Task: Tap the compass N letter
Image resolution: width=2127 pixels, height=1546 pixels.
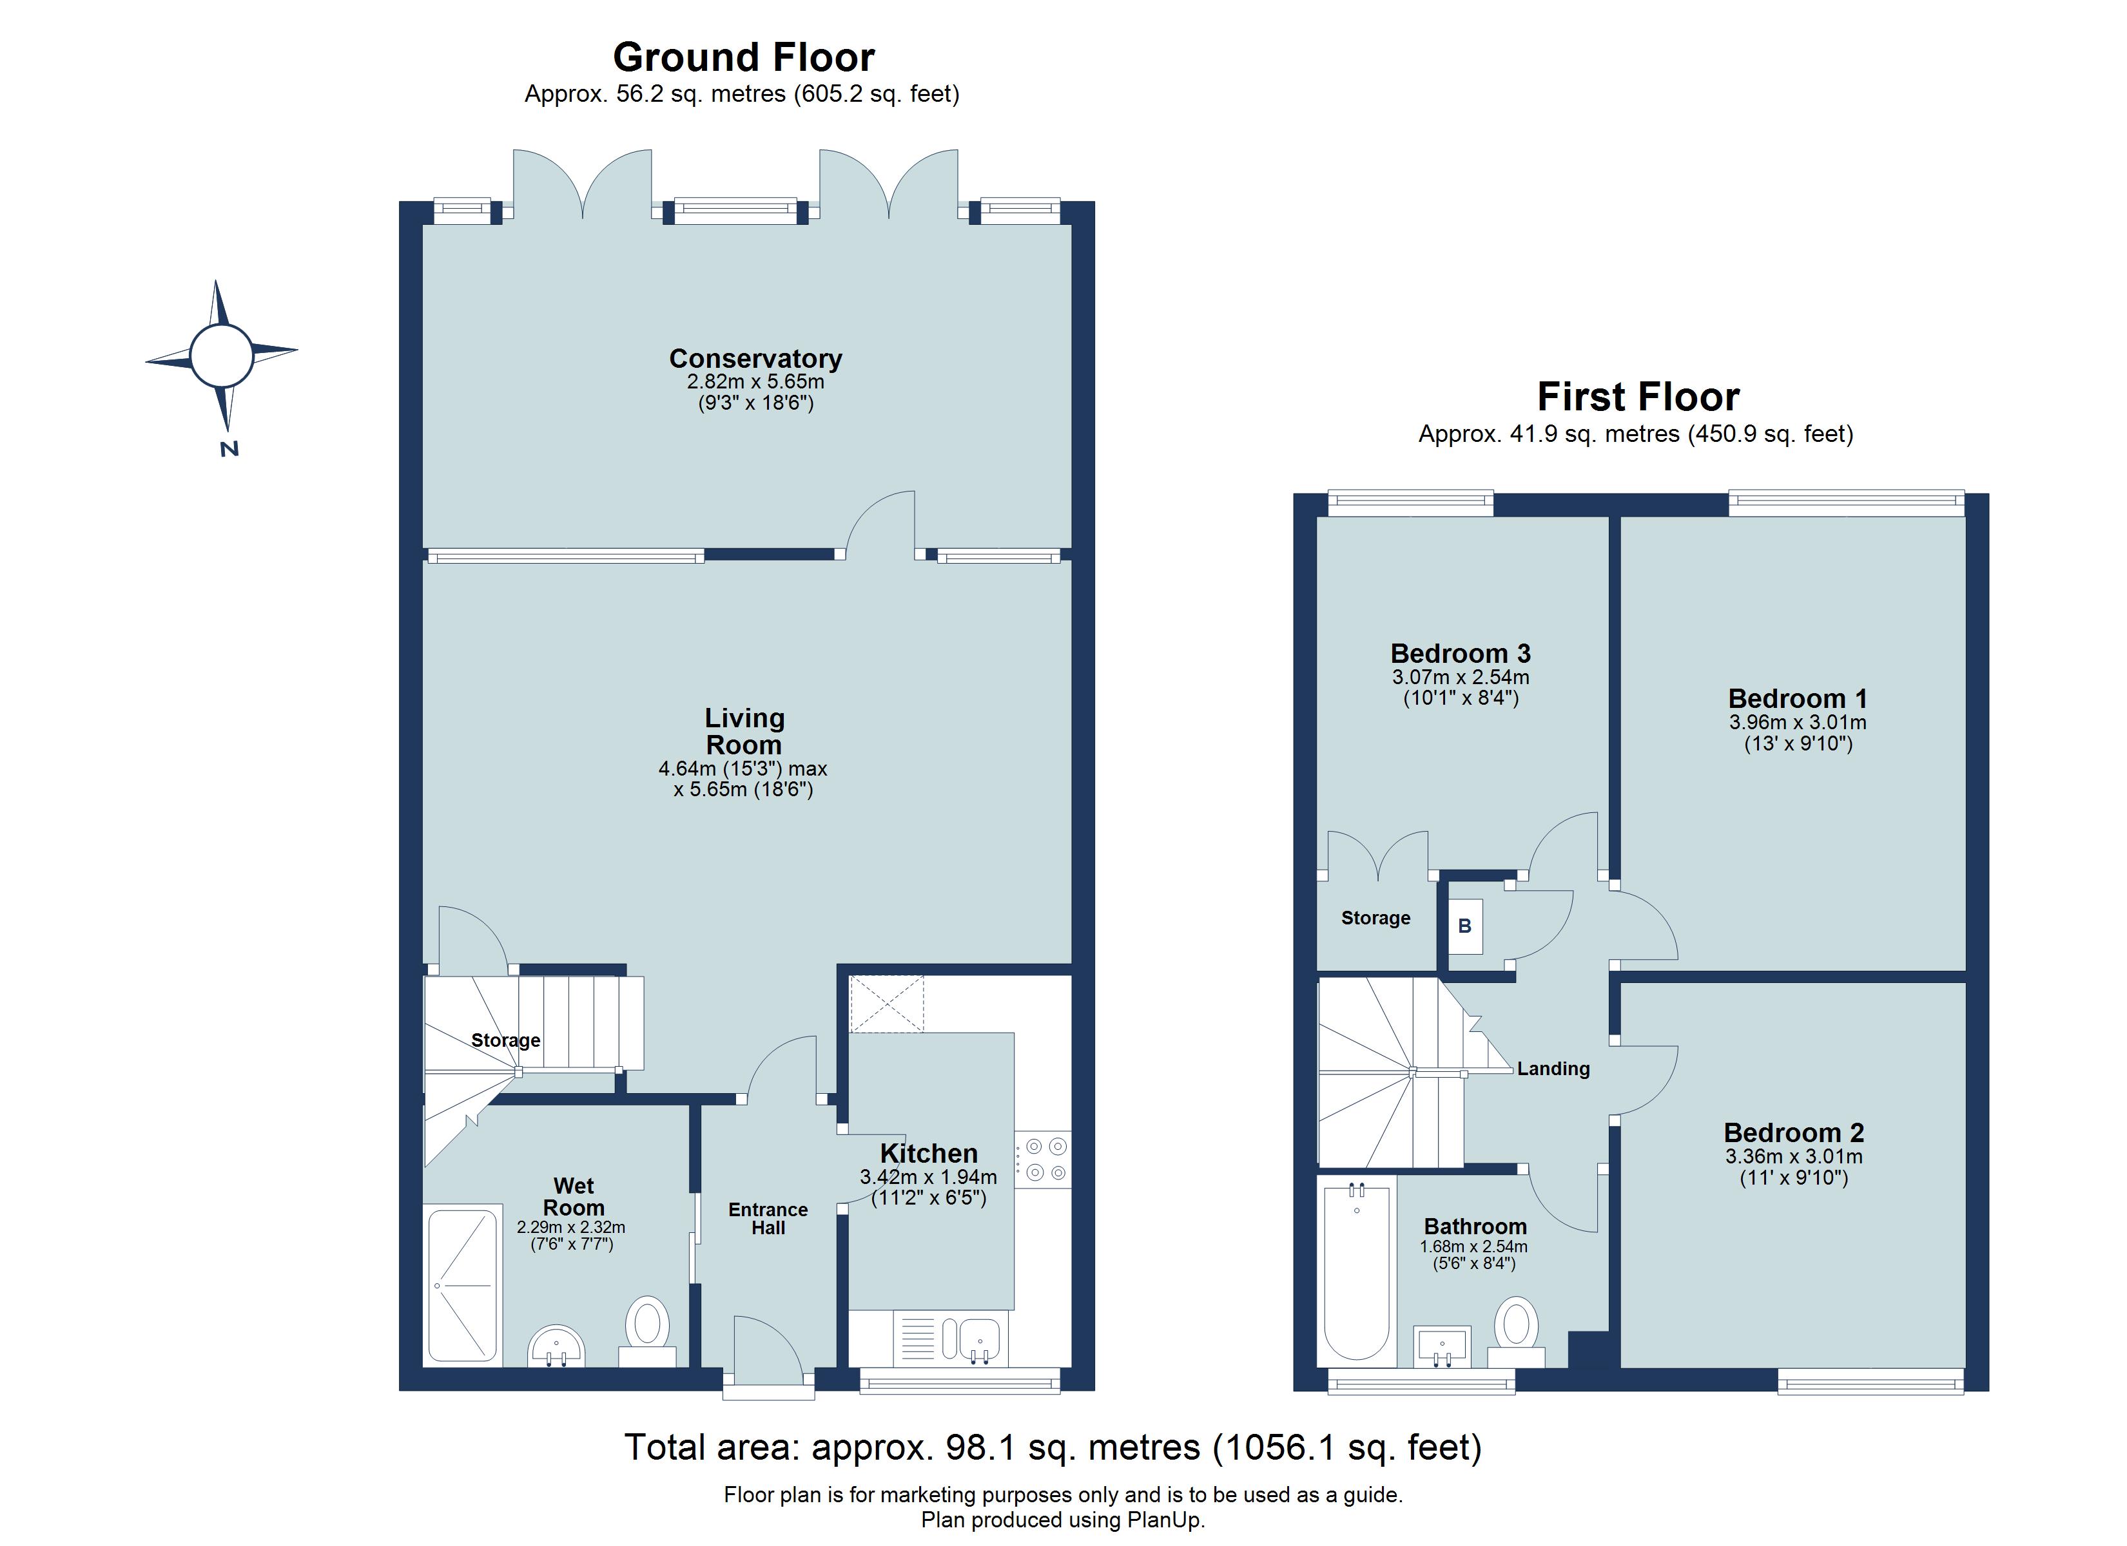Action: click(229, 449)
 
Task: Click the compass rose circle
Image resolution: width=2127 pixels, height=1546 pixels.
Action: click(221, 356)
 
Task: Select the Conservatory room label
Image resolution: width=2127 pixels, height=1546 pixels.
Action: click(755, 359)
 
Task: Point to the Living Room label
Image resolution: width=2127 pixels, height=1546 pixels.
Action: click(744, 731)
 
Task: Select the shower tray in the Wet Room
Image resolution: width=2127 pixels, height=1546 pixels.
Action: click(462, 1285)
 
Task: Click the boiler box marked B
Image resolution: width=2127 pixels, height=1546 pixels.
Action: click(1465, 926)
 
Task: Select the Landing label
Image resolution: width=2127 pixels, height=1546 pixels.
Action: click(1553, 1069)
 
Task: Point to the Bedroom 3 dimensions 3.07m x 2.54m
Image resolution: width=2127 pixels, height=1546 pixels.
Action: click(1460, 677)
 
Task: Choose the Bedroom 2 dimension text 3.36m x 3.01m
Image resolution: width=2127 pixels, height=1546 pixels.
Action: click(1793, 1157)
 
